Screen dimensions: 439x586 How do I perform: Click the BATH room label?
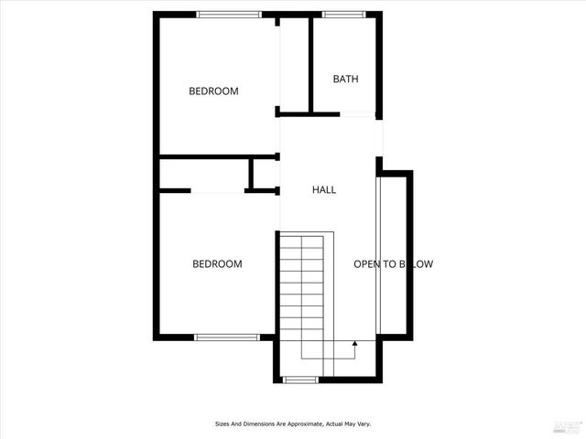(x=345, y=80)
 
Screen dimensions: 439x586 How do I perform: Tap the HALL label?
(x=324, y=190)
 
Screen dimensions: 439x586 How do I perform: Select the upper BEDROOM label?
(x=213, y=91)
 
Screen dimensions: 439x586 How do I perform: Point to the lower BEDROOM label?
(x=217, y=264)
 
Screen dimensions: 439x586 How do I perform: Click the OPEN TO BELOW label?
(x=393, y=264)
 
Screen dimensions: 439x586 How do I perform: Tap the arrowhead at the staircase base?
(x=354, y=345)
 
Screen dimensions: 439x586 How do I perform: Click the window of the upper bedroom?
(x=230, y=14)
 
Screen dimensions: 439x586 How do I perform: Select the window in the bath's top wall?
(x=343, y=14)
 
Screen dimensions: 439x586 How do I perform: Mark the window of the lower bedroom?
(x=226, y=337)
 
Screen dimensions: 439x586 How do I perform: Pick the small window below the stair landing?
(x=300, y=379)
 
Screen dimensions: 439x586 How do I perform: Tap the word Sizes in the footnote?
(x=222, y=424)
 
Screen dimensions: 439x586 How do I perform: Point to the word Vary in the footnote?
(x=364, y=424)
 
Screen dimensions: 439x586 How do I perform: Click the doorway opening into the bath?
(x=360, y=114)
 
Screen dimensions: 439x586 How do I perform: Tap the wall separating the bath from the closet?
(x=311, y=64)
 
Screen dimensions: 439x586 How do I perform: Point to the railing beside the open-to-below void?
(x=377, y=256)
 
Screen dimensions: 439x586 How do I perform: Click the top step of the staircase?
(x=302, y=240)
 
